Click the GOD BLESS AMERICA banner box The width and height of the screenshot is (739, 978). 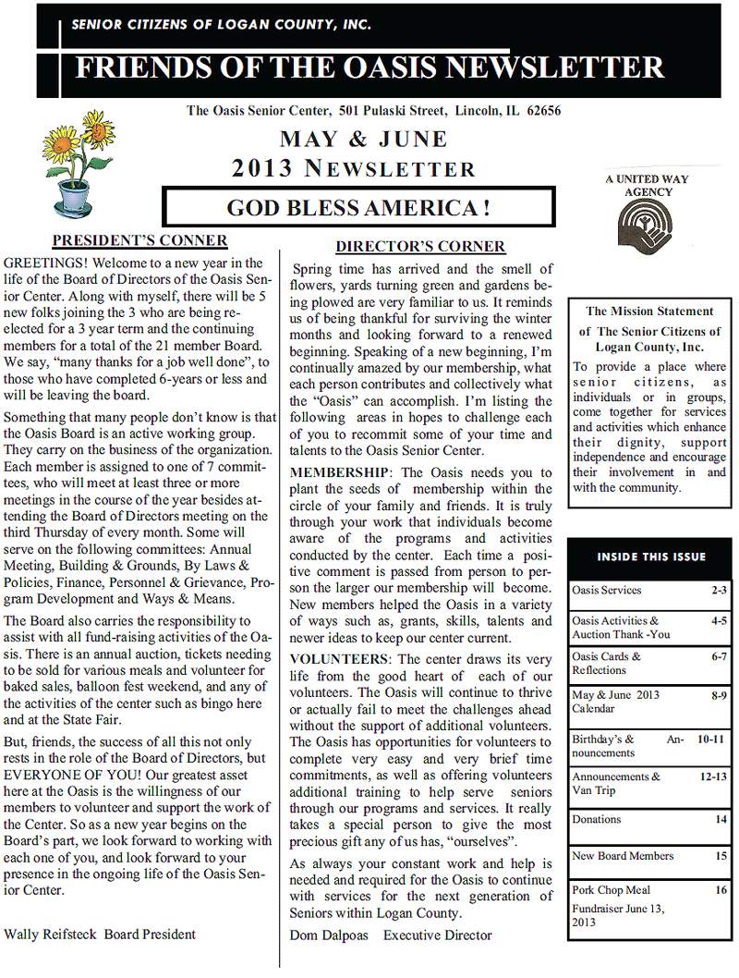pyautogui.click(x=358, y=207)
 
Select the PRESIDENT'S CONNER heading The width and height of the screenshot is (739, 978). pyautogui.click(x=139, y=241)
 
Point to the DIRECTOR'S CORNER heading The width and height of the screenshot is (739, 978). pyautogui.click(x=420, y=247)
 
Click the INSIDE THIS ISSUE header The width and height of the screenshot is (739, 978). pyautogui.click(x=650, y=556)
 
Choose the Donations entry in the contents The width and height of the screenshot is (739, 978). pyautogui.click(x=597, y=820)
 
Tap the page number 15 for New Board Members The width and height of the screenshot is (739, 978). pyautogui.click(x=721, y=857)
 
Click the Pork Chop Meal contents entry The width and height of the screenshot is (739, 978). pyautogui.click(x=611, y=891)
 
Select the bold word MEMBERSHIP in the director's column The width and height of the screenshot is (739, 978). pyautogui.click(x=336, y=472)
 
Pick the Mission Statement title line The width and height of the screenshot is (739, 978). pyautogui.click(x=649, y=312)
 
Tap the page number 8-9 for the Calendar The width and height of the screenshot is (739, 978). pyautogui.click(x=715, y=694)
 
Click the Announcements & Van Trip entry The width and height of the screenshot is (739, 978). pyautogui.click(x=616, y=784)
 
